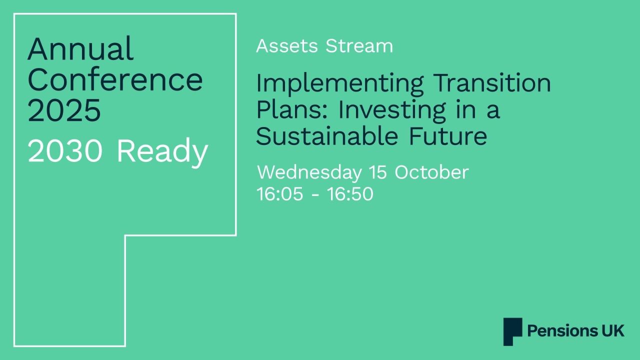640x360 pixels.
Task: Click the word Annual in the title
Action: point(80,48)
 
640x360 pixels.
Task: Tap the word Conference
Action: point(115,79)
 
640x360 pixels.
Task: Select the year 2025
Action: point(64,110)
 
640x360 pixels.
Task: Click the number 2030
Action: point(65,151)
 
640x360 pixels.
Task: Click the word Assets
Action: point(287,46)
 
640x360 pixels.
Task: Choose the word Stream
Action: point(359,46)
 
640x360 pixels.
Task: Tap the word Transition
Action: point(492,83)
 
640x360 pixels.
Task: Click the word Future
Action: point(457,136)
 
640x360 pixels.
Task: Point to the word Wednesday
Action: point(309,172)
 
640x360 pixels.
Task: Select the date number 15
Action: point(378,172)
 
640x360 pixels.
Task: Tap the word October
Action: point(431,172)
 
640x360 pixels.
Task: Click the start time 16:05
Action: point(279,194)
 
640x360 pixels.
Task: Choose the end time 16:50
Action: point(350,194)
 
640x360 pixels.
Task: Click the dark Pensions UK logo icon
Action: point(512,331)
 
